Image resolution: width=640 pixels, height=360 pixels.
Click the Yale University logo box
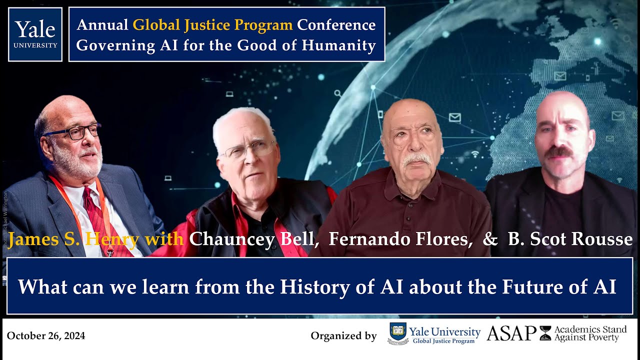click(x=35, y=34)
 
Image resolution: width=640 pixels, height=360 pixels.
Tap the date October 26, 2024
click(x=46, y=336)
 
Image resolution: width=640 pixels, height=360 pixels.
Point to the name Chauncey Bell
click(x=254, y=239)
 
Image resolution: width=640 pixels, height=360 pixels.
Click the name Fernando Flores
click(x=400, y=239)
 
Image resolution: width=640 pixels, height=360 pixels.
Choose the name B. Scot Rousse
click(x=570, y=239)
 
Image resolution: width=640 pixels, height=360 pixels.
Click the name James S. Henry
click(x=73, y=239)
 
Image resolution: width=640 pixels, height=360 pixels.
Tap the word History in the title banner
click(x=306, y=286)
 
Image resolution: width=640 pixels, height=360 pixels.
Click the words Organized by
click(x=343, y=336)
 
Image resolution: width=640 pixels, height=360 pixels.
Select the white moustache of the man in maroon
click(x=416, y=159)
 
